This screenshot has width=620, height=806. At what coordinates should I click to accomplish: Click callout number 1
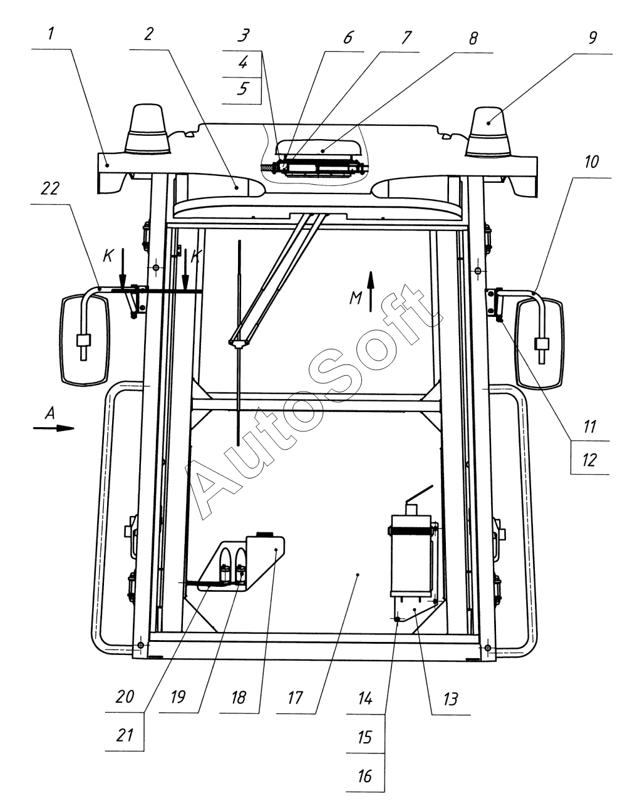click(x=51, y=34)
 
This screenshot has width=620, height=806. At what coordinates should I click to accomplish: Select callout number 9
click(x=592, y=38)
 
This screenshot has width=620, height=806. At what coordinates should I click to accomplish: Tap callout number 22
click(x=50, y=189)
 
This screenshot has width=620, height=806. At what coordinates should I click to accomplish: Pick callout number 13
click(x=450, y=699)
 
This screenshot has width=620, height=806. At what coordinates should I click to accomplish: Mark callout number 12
click(x=589, y=460)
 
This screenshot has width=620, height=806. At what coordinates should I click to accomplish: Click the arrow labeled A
click(x=54, y=428)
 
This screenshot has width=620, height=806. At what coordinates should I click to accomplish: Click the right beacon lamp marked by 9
click(x=488, y=132)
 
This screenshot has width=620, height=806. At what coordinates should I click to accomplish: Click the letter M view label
click(x=356, y=298)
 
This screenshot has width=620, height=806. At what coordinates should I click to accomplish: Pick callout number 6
click(x=348, y=38)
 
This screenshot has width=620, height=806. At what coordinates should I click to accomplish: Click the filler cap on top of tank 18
click(x=265, y=534)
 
